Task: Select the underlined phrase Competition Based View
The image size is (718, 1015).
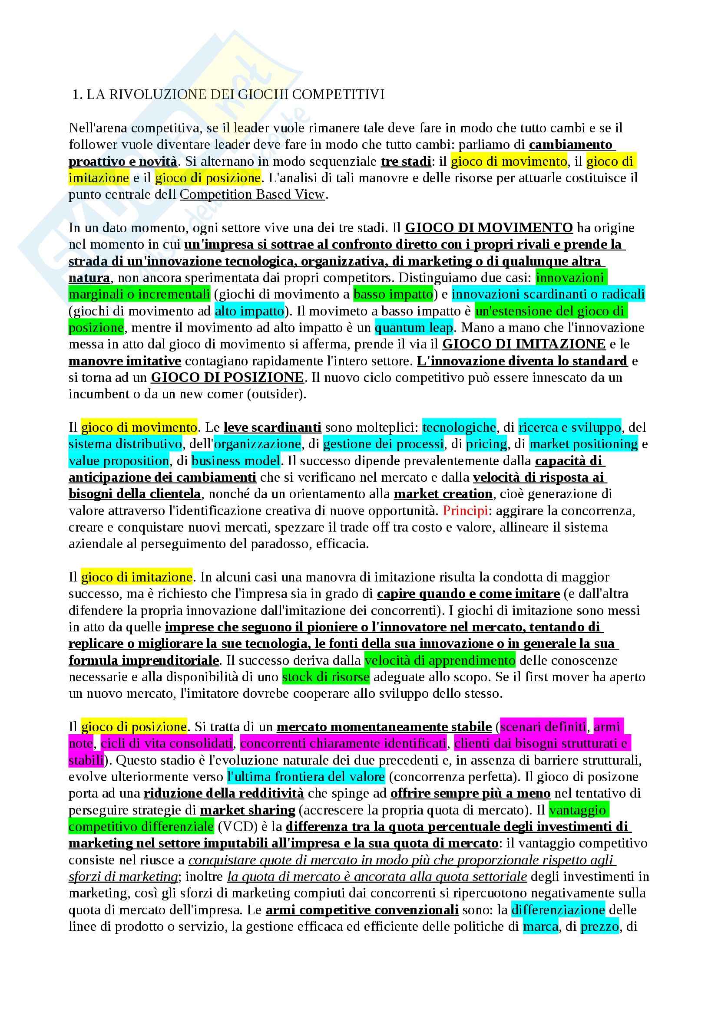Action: (x=252, y=194)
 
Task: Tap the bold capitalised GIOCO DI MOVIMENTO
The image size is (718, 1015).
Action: (x=489, y=228)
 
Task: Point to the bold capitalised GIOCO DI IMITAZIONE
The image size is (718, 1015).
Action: (x=524, y=344)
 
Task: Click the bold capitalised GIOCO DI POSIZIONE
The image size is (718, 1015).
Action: (x=228, y=378)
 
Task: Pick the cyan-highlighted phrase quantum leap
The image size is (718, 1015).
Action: (x=414, y=328)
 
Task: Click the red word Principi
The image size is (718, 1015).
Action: (x=465, y=511)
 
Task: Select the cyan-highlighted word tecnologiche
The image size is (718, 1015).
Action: (x=459, y=427)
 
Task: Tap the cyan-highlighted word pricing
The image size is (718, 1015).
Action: (x=486, y=444)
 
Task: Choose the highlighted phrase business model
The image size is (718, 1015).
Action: (x=236, y=461)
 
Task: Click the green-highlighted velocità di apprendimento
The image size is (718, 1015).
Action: (x=440, y=660)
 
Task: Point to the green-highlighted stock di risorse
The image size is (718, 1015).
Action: (x=326, y=677)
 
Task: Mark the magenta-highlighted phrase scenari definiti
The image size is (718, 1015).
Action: (x=543, y=727)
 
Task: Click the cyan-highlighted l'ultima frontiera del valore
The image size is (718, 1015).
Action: (x=306, y=777)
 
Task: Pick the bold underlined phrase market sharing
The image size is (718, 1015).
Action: (x=248, y=810)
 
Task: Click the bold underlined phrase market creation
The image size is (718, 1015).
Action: (x=443, y=494)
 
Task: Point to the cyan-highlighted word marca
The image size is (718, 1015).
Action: (x=540, y=926)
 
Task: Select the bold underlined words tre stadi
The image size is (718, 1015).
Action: (x=406, y=161)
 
